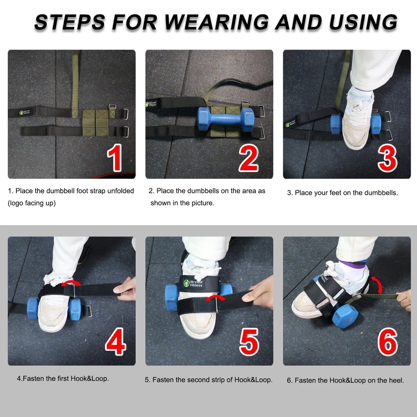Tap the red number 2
pyautogui.click(x=249, y=158)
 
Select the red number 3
pyautogui.click(x=388, y=158)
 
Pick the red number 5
pyautogui.click(x=249, y=342)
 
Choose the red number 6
pyautogui.click(x=388, y=342)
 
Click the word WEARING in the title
pyautogui.click(x=216, y=22)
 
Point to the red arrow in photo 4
pyautogui.click(x=71, y=283)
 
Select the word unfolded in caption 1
pyautogui.click(x=121, y=191)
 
